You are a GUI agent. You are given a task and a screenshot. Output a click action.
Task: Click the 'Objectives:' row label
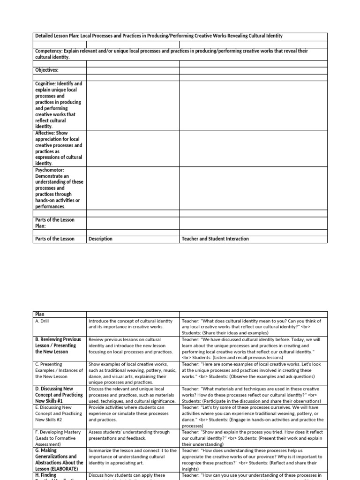[x=47, y=70]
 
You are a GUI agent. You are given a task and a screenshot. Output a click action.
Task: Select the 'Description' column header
[x=100, y=239]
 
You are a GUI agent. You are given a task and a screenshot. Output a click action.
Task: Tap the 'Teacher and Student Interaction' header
[x=215, y=239]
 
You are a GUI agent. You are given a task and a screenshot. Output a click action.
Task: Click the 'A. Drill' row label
[x=45, y=321]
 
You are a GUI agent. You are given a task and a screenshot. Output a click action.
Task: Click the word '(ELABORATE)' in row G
[x=67, y=468]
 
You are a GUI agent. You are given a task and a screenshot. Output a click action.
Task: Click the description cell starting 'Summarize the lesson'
[x=133, y=456]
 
